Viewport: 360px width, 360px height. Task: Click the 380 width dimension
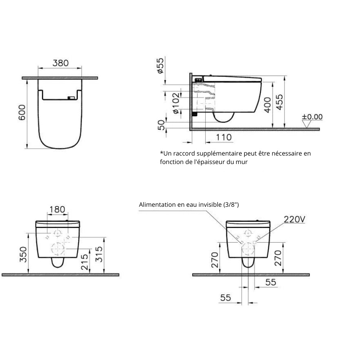60,63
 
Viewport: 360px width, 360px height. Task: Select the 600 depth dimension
22,112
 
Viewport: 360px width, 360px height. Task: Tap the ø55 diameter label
161,66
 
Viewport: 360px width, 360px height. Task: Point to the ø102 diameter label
176,103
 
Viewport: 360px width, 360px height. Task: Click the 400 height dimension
268,105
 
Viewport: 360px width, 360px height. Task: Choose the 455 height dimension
280,102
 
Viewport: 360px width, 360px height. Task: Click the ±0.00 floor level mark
312,117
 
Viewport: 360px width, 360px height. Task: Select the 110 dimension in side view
224,137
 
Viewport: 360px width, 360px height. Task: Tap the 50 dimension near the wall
162,125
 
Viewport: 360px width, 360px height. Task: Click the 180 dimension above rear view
57,209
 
